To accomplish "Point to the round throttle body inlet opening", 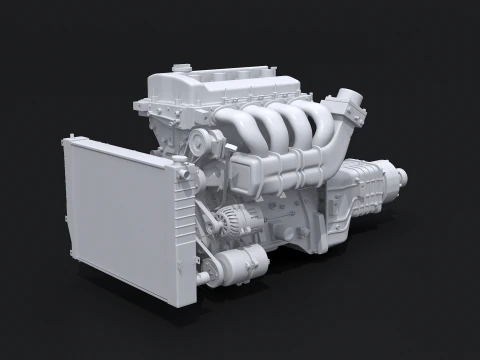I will click(348, 100).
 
